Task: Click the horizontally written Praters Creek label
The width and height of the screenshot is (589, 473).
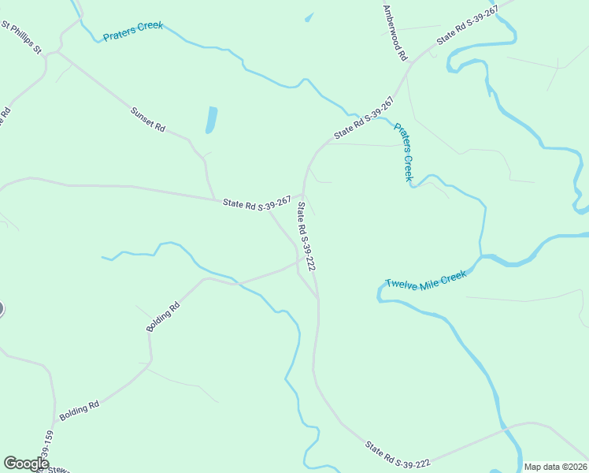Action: (133, 32)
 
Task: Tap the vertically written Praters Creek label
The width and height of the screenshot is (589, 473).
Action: (404, 151)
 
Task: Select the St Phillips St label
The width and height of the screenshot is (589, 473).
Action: (21, 38)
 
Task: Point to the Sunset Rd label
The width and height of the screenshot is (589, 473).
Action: (148, 118)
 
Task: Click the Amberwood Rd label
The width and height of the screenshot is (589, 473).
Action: (395, 33)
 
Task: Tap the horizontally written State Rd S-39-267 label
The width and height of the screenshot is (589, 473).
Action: (257, 203)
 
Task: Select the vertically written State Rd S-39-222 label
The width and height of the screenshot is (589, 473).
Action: (306, 237)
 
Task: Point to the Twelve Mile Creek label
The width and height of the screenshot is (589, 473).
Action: (426, 280)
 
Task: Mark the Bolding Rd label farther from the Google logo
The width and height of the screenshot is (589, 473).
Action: (163, 315)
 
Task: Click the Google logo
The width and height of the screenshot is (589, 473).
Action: (26, 463)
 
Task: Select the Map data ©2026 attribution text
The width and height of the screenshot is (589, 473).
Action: (555, 467)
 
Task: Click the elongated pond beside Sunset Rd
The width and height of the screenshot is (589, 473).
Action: (211, 119)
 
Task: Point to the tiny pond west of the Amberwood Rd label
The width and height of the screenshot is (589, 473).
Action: (309, 17)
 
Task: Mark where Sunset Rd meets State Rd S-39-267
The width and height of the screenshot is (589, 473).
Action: (214, 198)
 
